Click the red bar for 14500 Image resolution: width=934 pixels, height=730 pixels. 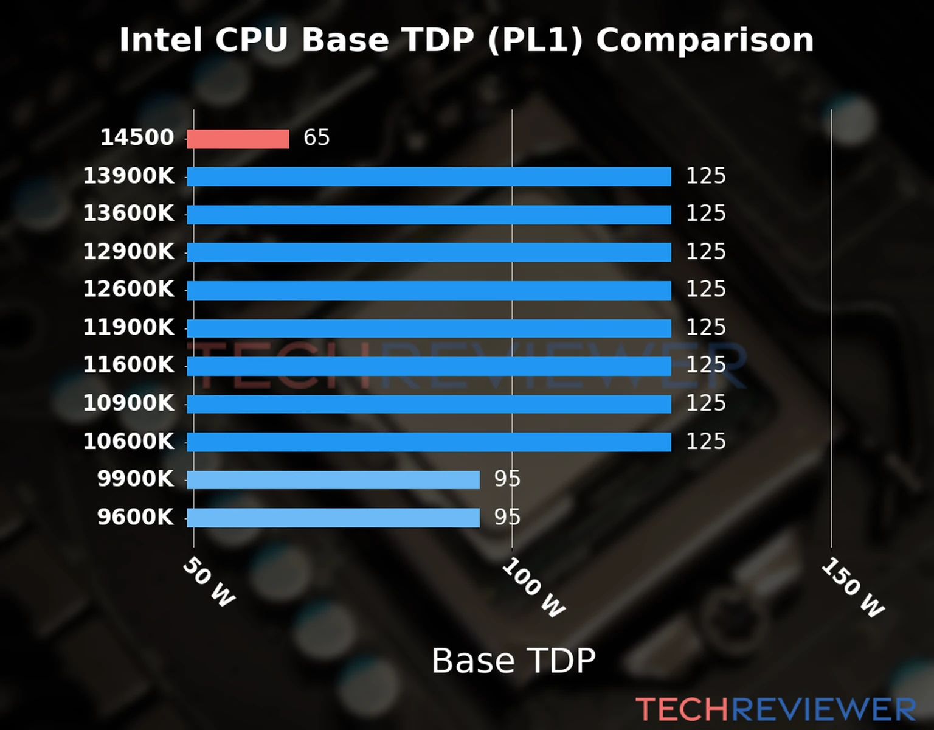(238, 139)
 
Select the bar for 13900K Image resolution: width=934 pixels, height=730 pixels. (429, 176)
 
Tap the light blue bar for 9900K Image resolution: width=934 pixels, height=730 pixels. (333, 480)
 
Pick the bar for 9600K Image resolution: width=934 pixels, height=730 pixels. (333, 518)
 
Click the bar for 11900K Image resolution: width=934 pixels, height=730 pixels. (429, 328)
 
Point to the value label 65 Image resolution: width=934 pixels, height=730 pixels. (316, 137)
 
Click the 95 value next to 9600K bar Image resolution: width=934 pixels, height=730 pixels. (507, 517)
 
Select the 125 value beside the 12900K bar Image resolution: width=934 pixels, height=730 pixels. (705, 251)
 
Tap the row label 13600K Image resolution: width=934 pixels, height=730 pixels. (128, 214)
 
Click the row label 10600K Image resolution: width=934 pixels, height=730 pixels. (128, 441)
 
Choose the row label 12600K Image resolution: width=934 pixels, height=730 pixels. (128, 289)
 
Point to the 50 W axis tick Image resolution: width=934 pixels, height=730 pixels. (209, 582)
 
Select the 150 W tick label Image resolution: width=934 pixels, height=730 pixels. (853, 588)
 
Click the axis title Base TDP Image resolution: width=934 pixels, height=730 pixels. (513, 661)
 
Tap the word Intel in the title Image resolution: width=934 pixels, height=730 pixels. (161, 40)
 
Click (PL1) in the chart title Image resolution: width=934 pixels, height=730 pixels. (535, 40)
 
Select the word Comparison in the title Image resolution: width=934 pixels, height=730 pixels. (704, 40)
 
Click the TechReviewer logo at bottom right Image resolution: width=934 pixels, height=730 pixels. (775, 709)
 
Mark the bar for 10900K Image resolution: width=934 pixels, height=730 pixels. (429, 404)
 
